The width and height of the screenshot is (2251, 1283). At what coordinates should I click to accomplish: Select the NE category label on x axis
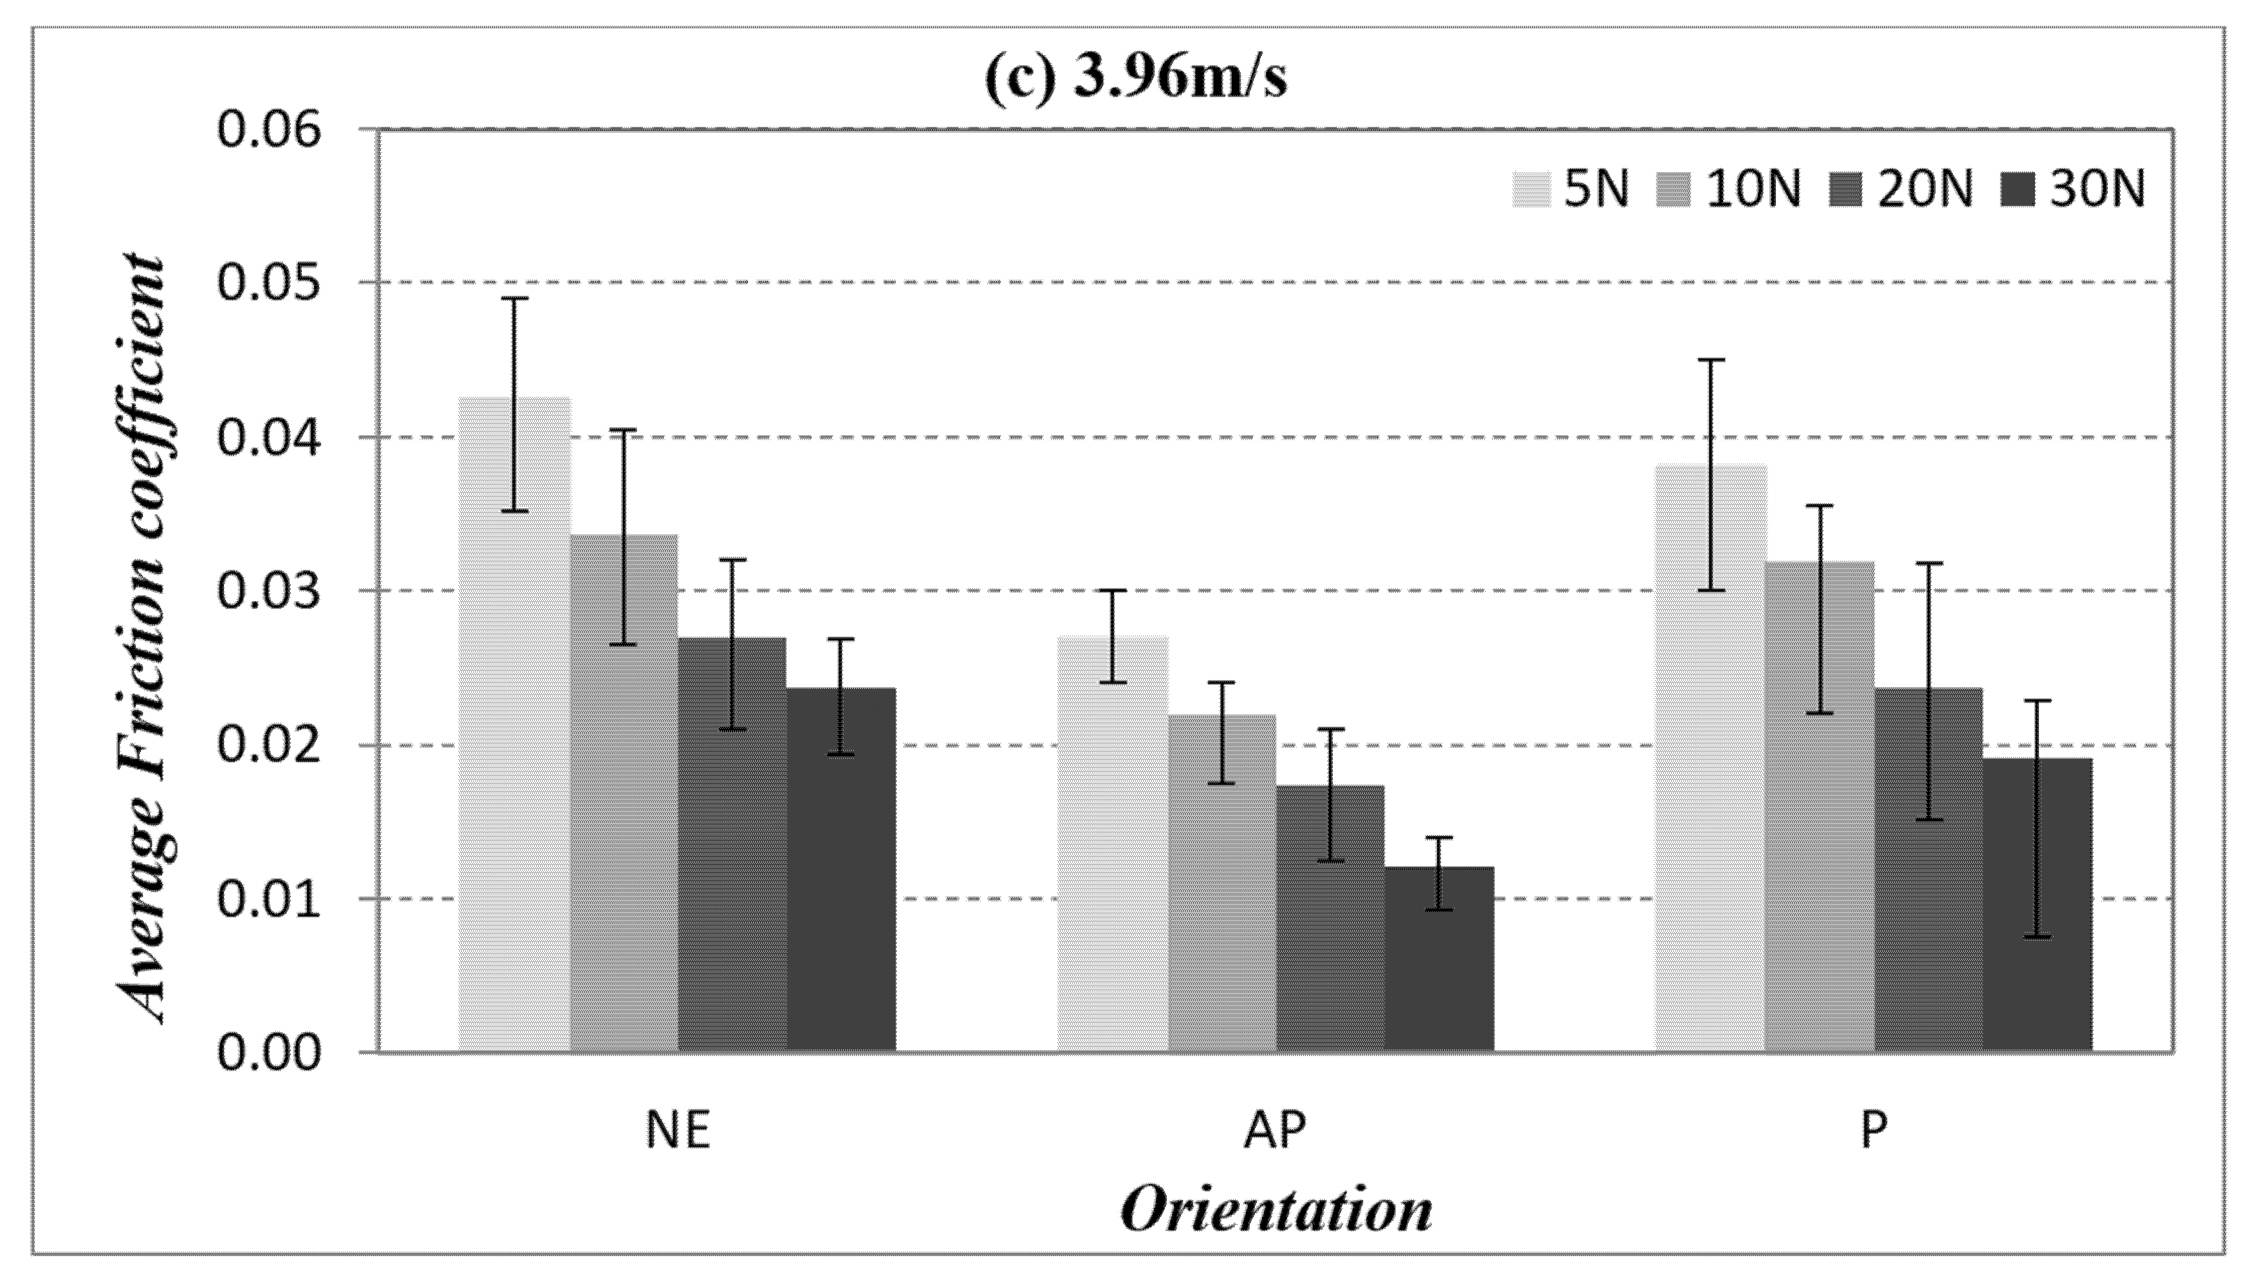coord(677,1131)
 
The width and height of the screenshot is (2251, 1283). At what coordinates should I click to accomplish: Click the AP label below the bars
coord(1275,1131)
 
